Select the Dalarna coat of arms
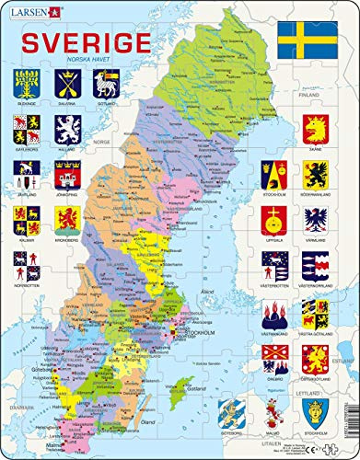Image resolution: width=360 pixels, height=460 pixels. (x=67, y=84)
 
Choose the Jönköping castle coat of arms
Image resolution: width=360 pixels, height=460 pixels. (x=67, y=173)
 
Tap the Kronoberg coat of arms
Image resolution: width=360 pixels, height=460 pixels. (x=67, y=217)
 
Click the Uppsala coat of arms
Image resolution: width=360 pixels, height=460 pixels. (x=274, y=218)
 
